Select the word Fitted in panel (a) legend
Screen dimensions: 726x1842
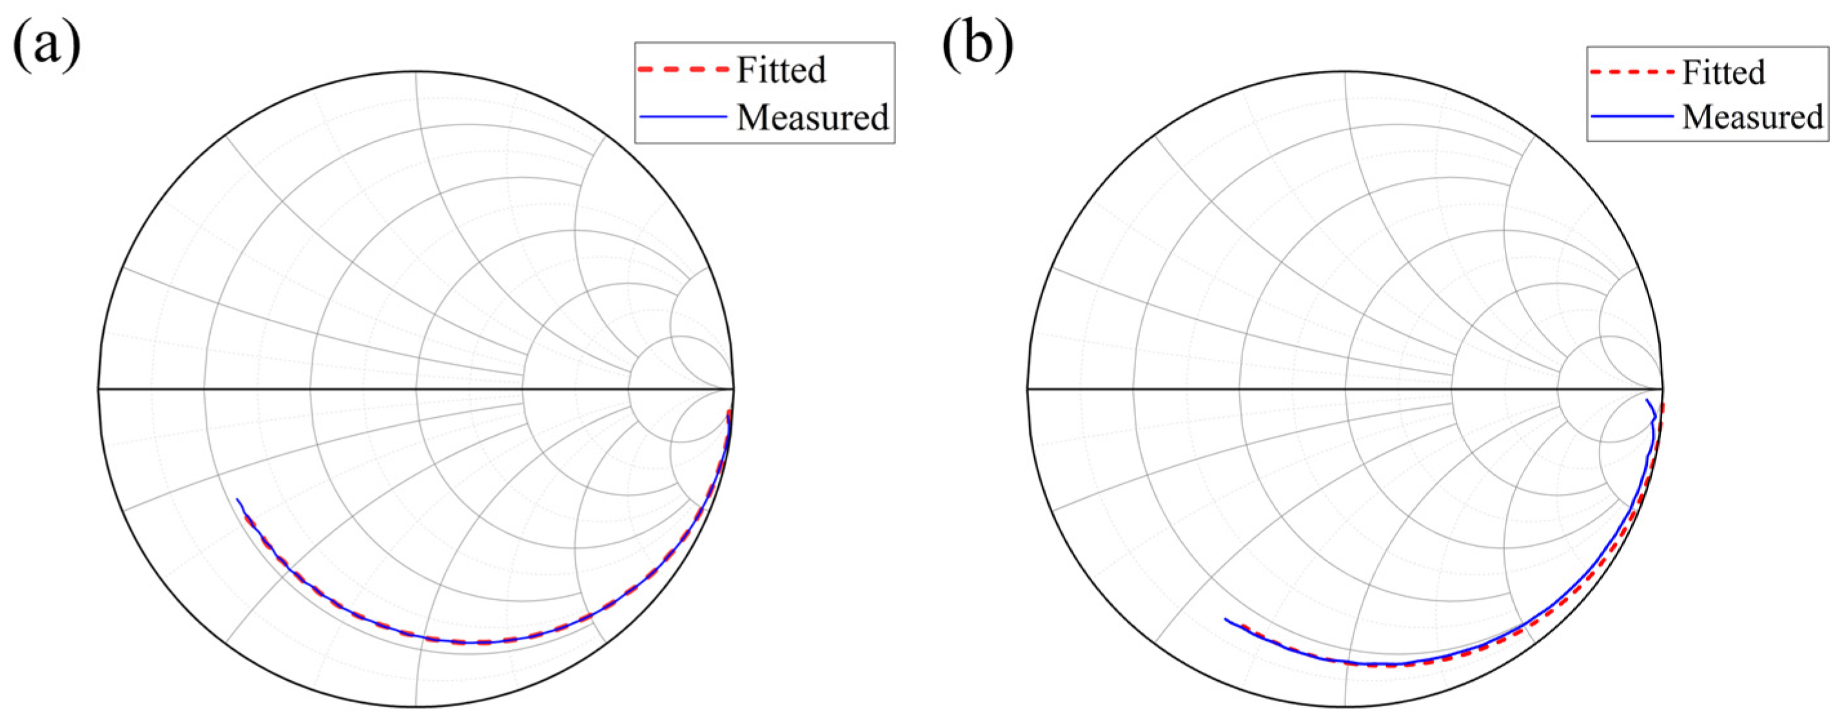(x=781, y=70)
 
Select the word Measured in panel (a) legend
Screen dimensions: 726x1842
(x=812, y=117)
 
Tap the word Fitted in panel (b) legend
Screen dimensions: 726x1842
(x=1723, y=72)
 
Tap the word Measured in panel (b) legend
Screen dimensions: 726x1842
(x=1752, y=117)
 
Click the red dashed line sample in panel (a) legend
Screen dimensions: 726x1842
(x=683, y=70)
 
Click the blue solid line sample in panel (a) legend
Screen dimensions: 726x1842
(x=683, y=117)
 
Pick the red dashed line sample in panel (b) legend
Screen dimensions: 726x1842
(x=1631, y=72)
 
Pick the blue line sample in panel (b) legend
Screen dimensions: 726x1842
(x=1631, y=117)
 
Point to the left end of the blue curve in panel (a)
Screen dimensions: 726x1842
(x=237, y=499)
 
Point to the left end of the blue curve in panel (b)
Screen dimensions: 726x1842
(x=1225, y=620)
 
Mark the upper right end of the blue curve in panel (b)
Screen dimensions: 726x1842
(x=1647, y=400)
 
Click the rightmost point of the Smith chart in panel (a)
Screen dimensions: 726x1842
(x=734, y=389)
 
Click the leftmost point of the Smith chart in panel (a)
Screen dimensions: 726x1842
(x=99, y=389)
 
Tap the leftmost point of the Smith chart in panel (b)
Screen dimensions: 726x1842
(x=1028, y=389)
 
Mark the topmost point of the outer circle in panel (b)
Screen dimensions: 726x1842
(x=1345, y=72)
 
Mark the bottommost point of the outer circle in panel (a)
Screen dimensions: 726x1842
(x=416, y=707)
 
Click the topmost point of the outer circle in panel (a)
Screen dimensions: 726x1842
(x=416, y=72)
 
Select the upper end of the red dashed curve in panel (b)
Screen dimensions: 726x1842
(x=1663, y=406)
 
